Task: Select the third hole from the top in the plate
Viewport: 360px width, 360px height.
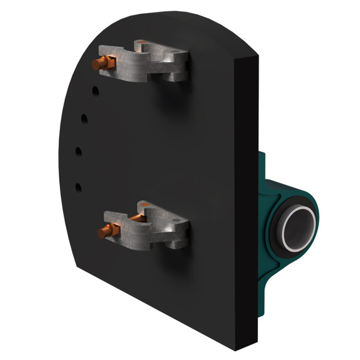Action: coord(79,150)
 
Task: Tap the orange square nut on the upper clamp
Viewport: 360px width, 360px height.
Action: coord(110,62)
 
